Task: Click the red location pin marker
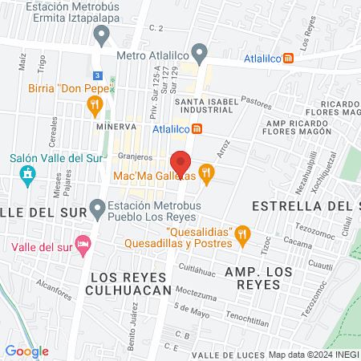pyautogui.click(x=181, y=161)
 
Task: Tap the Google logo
pyautogui.click(x=26, y=351)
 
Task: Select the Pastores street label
pyautogui.click(x=258, y=103)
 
